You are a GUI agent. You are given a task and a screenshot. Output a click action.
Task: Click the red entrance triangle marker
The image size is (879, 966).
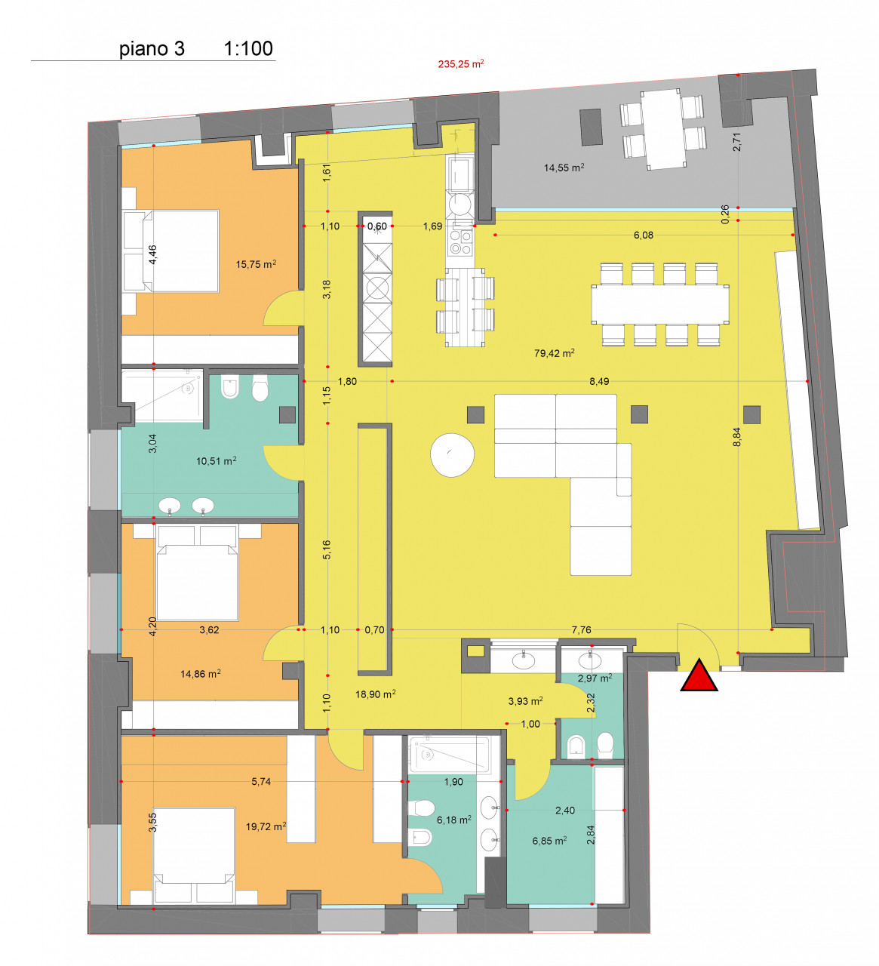click(699, 677)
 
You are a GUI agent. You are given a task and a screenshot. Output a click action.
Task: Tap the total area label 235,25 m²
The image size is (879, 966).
click(460, 64)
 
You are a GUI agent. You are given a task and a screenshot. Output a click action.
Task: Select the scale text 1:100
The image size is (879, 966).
click(248, 48)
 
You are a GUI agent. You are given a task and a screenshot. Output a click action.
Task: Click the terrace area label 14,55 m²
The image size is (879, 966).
click(564, 168)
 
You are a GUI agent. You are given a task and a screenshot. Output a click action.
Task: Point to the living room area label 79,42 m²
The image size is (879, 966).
click(554, 353)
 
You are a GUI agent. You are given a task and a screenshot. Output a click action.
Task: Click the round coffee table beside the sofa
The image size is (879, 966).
click(452, 455)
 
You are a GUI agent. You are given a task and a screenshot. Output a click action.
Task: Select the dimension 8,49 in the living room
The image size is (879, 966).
click(598, 381)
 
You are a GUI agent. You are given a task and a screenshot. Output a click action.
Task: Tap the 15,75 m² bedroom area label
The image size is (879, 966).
click(256, 264)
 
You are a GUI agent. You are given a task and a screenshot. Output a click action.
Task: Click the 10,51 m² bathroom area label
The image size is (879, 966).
click(216, 461)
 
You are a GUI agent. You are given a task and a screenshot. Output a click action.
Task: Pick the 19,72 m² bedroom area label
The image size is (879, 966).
click(266, 826)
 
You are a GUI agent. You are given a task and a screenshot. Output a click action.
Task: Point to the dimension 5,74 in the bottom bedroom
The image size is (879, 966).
click(260, 782)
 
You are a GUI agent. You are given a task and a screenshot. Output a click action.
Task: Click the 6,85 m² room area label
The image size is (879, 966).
click(549, 841)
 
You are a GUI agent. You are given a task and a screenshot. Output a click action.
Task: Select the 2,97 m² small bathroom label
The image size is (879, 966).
click(595, 678)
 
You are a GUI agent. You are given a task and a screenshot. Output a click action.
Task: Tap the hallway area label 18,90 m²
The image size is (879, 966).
click(375, 694)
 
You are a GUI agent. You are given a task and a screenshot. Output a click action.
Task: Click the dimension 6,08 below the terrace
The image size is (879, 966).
click(644, 235)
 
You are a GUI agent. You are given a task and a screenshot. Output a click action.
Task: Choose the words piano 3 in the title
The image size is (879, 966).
click(152, 49)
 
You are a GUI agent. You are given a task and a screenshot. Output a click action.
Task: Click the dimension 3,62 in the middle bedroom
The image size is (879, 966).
click(209, 630)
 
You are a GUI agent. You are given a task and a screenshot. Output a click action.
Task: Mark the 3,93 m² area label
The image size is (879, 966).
click(525, 701)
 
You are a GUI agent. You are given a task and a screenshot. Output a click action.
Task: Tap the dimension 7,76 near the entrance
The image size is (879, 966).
click(581, 630)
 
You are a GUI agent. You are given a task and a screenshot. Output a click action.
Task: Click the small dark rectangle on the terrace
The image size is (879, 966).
click(591, 127)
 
